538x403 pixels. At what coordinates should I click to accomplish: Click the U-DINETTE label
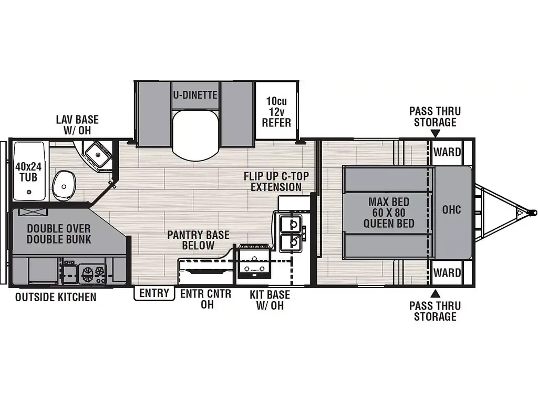coord(195,94)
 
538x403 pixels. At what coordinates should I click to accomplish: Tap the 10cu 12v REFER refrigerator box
coord(276,110)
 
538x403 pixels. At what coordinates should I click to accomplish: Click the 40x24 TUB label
coord(28,172)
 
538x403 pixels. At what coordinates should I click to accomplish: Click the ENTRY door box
coord(154,293)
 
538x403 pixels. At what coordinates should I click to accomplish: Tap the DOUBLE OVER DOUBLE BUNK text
coord(59,234)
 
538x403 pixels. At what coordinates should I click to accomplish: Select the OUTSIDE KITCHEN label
coord(56,297)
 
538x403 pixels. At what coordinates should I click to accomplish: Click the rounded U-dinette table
coord(196,136)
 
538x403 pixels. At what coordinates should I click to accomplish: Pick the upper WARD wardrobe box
coord(448,152)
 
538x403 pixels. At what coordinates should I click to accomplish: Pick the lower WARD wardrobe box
coord(448,272)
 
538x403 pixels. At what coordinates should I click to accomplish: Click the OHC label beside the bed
coord(451,209)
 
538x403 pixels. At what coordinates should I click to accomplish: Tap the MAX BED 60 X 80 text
coord(389,207)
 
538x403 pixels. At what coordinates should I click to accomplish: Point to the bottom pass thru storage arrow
coord(435,293)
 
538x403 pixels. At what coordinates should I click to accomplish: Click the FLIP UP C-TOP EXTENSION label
coord(276,181)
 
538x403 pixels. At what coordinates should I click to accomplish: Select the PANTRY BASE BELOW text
coord(198,240)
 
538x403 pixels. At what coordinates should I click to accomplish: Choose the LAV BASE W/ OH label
coord(77,125)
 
